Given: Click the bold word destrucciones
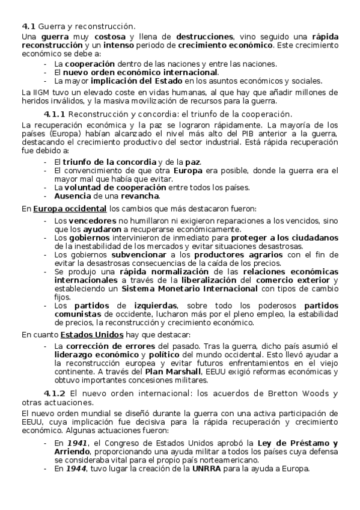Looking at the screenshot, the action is pyautogui.click(x=204, y=37).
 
